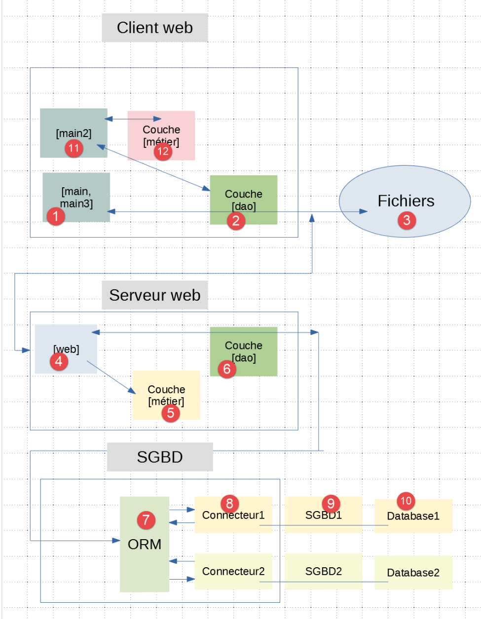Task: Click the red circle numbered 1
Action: click(x=56, y=216)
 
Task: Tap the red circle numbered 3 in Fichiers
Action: click(x=407, y=220)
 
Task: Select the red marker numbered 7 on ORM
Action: click(x=146, y=519)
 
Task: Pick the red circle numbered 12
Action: click(x=163, y=151)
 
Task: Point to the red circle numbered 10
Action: click(x=406, y=501)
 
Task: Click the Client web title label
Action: click(x=154, y=28)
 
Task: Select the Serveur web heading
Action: click(x=154, y=295)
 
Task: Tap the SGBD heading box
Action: click(x=160, y=457)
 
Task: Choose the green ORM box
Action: click(x=144, y=562)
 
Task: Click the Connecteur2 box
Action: click(x=233, y=572)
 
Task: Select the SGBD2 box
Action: click(x=323, y=572)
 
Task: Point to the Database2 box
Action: click(x=413, y=573)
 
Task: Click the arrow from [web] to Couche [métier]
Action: click(x=111, y=377)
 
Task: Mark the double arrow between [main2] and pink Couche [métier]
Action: click(x=133, y=119)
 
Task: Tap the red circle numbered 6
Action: click(x=227, y=368)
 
